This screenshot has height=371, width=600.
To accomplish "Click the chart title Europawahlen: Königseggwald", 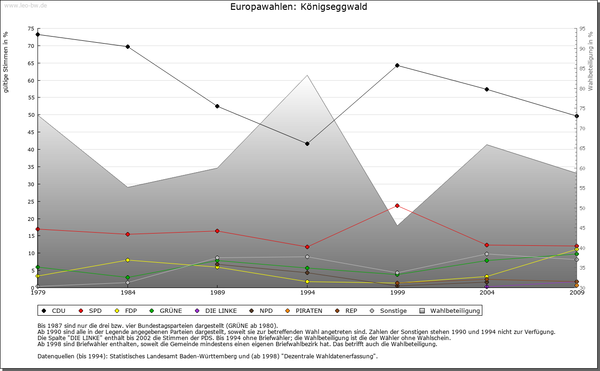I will point(299,7).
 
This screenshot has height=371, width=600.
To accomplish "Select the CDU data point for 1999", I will point(397,65).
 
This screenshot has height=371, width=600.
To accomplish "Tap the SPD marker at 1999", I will point(397,205).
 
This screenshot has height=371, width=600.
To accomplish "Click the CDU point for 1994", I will point(307,144).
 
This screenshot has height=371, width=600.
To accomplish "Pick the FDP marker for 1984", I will point(127,260).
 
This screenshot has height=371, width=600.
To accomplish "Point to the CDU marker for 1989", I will point(217,106).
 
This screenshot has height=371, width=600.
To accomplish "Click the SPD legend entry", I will point(91,310).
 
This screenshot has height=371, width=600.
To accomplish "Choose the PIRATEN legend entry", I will point(304,310).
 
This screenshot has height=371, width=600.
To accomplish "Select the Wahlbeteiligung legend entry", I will point(450,310).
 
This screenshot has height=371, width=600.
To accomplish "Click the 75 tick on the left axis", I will point(31,29).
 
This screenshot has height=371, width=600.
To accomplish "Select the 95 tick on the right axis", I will point(582,29).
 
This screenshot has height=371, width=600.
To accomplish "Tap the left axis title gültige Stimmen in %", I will point(6,62).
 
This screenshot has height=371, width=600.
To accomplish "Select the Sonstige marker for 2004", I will point(487,254).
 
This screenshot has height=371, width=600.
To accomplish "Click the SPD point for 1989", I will point(217,231).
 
